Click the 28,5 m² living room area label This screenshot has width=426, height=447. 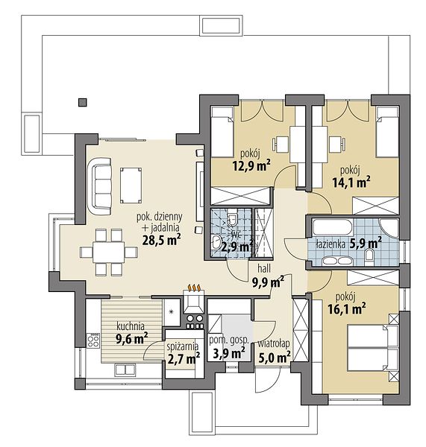pyautogui.click(x=161, y=240)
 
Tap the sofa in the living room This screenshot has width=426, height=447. pyautogui.click(x=99, y=186)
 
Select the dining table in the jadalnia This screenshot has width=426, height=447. pyautogui.click(x=108, y=253)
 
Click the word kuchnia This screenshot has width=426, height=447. pyautogui.click(x=131, y=326)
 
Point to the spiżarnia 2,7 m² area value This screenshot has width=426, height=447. pyautogui.click(x=184, y=359)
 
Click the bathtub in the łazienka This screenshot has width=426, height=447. pyautogui.click(x=333, y=227)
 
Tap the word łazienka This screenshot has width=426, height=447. pyautogui.click(x=331, y=244)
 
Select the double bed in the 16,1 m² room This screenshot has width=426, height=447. pyautogui.click(x=373, y=348)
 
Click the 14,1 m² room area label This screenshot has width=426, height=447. pyautogui.click(x=351, y=182)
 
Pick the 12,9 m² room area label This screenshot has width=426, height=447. pyautogui.click(x=251, y=165)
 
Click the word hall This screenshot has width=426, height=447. pyautogui.click(x=264, y=268)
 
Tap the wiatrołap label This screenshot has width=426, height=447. pyautogui.click(x=274, y=343)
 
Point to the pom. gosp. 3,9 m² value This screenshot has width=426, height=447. pyautogui.click(x=229, y=353)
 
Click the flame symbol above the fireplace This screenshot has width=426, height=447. pyautogui.click(x=195, y=288)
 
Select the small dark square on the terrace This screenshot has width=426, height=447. pyautogui.click(x=83, y=102)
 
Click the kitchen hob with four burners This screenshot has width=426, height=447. pyautogui.click(x=93, y=340)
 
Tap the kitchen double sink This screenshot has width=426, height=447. pyautogui.click(x=125, y=370)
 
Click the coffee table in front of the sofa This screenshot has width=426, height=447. pyautogui.click(x=131, y=186)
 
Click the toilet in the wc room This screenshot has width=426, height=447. pyautogui.click(x=232, y=218)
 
